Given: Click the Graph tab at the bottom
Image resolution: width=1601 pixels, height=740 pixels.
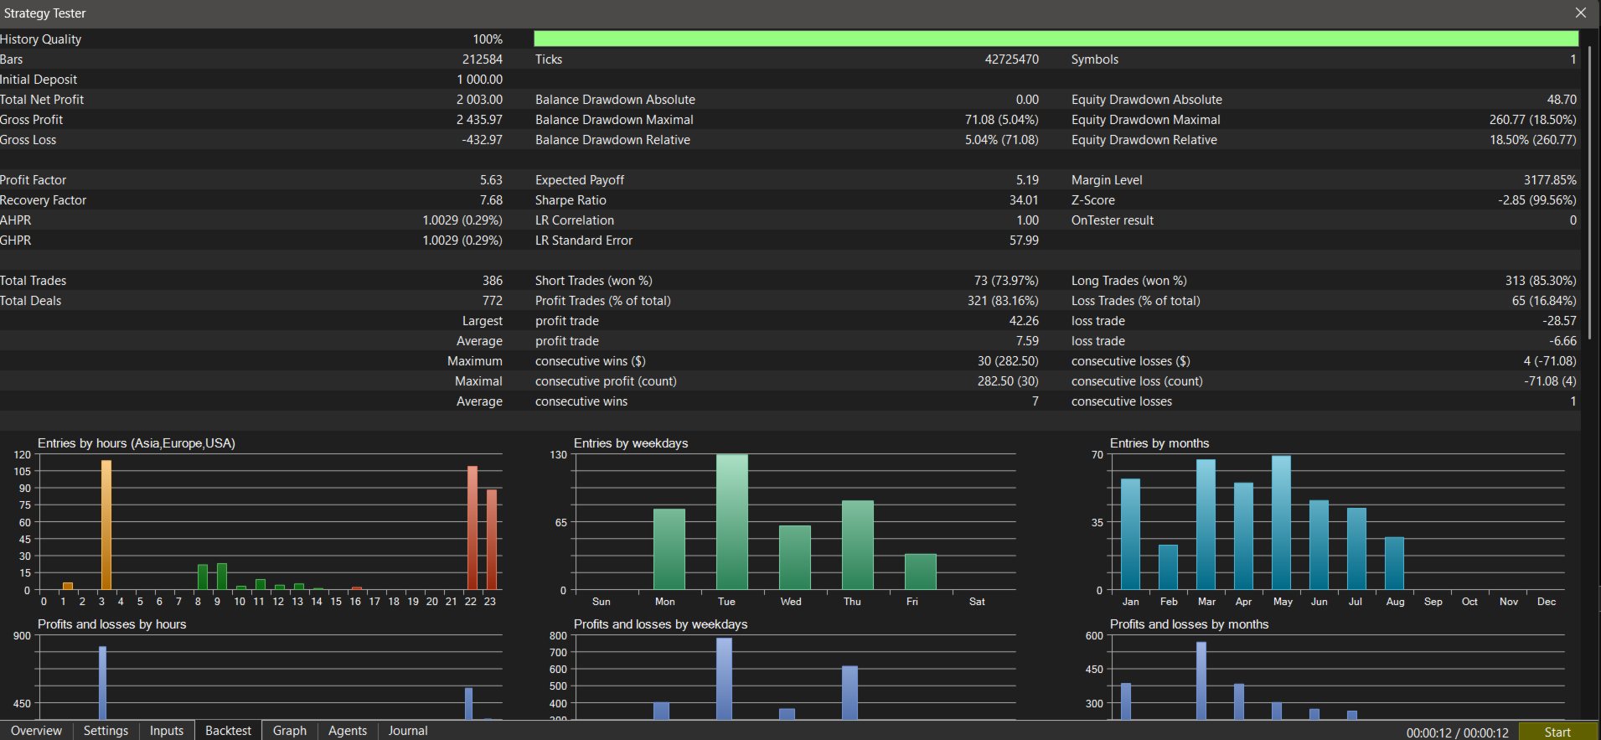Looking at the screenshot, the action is pos(290,731).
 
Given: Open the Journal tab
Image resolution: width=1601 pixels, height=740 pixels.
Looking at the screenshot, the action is pos(408,731).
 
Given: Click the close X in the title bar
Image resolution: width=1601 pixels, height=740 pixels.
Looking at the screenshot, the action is pos(1581,13).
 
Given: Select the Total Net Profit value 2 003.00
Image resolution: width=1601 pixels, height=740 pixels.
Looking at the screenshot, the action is pos(479,100).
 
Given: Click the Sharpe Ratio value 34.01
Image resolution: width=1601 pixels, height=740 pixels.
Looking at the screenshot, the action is pos(1024,200).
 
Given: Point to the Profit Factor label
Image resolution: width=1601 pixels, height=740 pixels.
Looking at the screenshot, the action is pos(33,180).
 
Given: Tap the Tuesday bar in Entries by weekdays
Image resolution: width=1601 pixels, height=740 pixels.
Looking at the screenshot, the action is pos(732,522).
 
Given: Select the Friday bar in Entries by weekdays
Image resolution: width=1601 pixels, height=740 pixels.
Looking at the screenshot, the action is pos(921,572).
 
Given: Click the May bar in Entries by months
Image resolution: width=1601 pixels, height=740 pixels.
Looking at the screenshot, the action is pos(1282,523).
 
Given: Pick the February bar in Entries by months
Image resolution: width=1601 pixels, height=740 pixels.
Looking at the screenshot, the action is pos(1168,567).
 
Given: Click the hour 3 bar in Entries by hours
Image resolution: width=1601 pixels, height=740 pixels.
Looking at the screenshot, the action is pos(106,525).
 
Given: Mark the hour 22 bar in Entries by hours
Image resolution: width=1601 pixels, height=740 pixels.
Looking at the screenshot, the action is pos(473,528).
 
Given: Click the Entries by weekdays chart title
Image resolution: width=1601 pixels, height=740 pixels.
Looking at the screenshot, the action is pos(631,443).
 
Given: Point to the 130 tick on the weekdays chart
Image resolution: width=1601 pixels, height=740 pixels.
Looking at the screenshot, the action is pos(558,455).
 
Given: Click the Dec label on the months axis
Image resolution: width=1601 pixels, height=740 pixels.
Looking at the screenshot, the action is pos(1547,602).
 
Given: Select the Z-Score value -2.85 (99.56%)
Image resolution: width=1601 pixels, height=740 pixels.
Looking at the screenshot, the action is pos(1537,200).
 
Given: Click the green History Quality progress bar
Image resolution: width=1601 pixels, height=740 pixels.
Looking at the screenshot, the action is pos(1056,39).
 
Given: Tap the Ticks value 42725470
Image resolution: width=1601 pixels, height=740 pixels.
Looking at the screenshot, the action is pos(1012,60).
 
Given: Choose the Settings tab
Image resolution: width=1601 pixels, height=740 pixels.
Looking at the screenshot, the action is pos(106,731).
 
